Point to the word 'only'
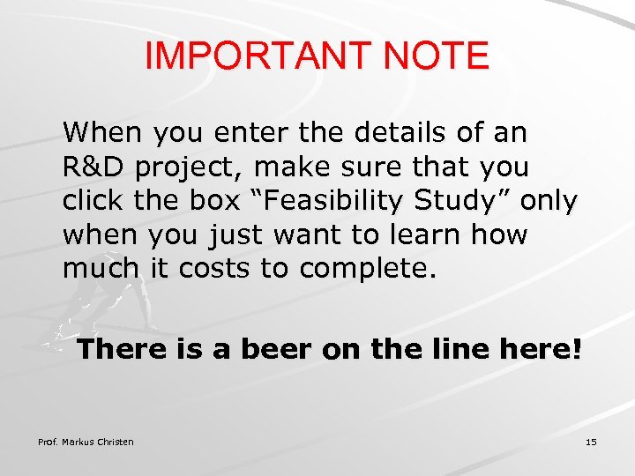pos(549,203)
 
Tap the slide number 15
pos(591,442)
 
